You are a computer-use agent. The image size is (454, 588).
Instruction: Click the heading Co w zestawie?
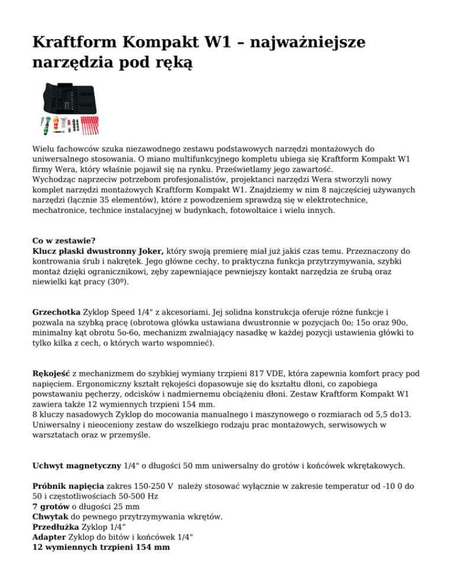pyautogui.click(x=63, y=241)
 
